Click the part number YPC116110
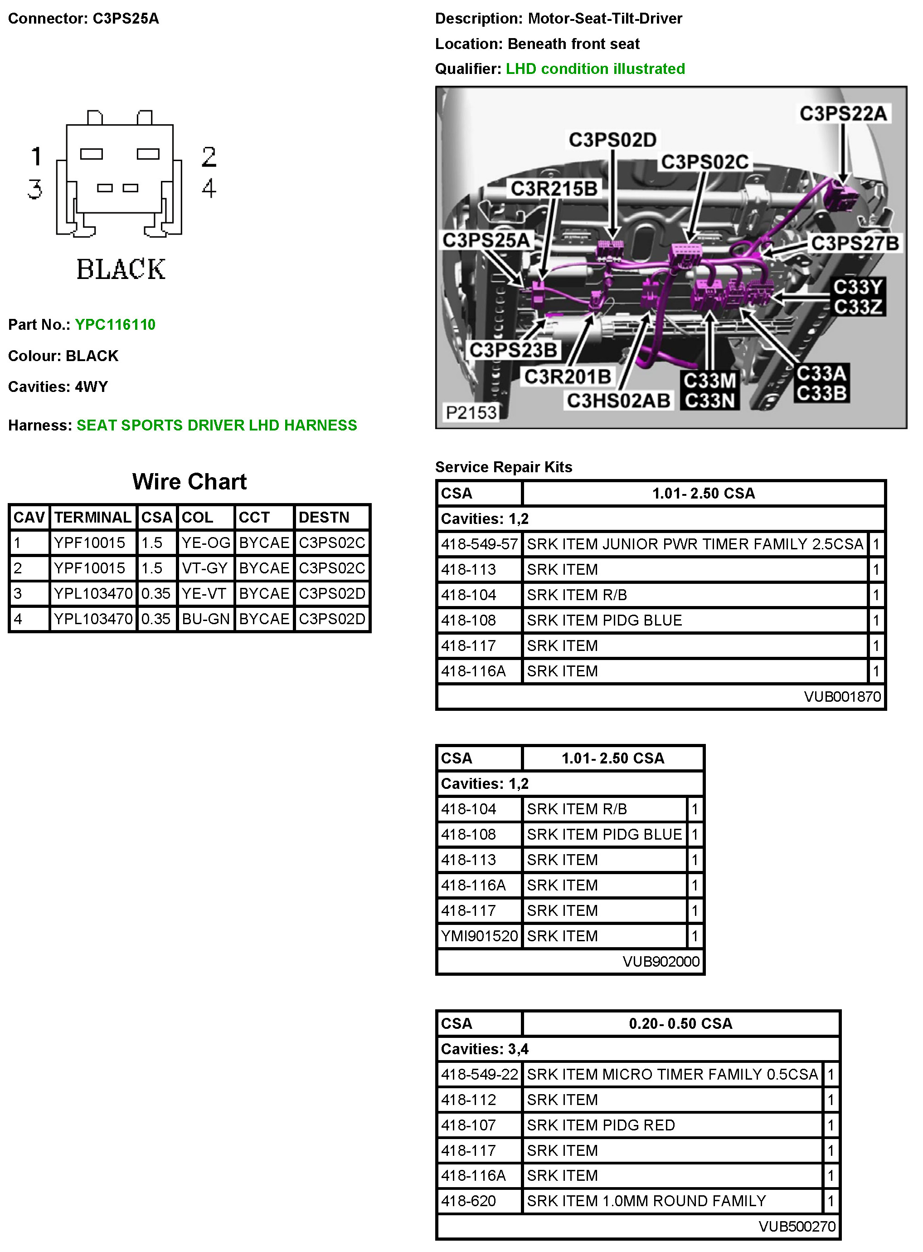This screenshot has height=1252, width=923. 115,325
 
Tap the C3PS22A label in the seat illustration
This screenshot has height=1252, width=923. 843,114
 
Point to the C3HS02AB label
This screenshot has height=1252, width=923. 618,401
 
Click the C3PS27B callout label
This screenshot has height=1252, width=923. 855,243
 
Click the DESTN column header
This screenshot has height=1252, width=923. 324,518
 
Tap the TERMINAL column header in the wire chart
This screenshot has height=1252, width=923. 93,518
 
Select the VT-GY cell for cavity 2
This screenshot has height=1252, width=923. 205,568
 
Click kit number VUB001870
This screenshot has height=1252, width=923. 842,697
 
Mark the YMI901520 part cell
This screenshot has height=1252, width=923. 479,936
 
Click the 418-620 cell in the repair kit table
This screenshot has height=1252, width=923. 468,1201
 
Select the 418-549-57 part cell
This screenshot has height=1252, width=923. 479,544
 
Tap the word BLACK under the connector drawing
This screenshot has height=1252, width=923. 121,269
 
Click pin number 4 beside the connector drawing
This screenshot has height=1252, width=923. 209,188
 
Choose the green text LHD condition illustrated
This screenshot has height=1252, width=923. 595,69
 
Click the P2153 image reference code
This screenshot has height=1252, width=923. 471,412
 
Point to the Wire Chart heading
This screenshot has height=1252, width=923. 189,482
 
